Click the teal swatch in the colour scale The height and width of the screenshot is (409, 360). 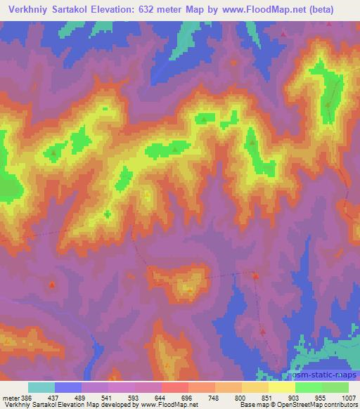[41, 387]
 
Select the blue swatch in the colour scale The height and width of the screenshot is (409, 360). [68, 387]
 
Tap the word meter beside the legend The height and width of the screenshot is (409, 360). [9, 397]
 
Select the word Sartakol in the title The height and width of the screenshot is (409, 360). [71, 9]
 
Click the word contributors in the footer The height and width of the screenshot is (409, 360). [340, 405]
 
